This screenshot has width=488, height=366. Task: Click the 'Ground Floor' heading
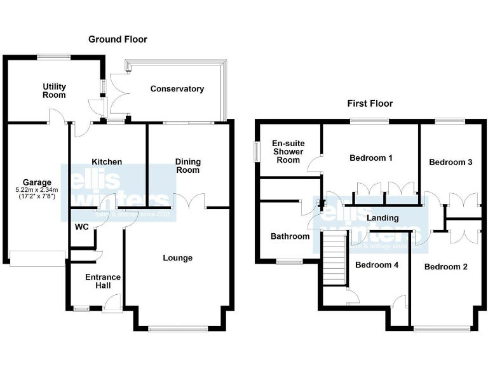pos(118,39)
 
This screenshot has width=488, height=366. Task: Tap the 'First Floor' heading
pos(370,103)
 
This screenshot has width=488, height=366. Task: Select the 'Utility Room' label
pos(54,90)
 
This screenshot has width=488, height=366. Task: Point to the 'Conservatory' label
pos(177,89)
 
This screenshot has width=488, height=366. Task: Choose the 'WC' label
pos(81,226)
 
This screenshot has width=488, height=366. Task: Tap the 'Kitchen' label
pos(106,162)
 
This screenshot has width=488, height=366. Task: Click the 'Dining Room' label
pos(187,166)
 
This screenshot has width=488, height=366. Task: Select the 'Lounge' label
pos(177,257)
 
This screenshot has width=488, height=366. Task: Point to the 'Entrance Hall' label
pos(103,281)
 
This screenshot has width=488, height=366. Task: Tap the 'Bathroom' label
pos(290,236)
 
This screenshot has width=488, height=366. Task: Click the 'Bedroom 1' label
pos(371,158)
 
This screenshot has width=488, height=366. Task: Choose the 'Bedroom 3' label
pos(451,162)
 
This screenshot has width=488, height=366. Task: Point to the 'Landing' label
pos(383,218)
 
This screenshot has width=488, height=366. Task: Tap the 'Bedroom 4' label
pos(377,264)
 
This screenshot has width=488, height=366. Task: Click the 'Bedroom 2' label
pos(446,267)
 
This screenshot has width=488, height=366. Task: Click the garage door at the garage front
pos(37,257)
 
